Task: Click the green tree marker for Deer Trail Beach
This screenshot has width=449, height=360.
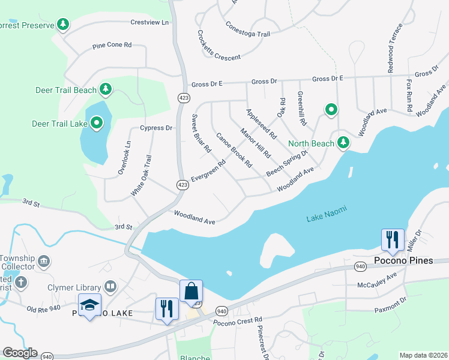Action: tap(106, 90)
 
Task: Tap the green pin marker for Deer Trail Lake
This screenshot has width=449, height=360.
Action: tap(97, 124)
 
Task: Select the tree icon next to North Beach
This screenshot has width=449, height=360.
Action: tap(343, 143)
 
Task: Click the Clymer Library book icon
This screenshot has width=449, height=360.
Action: tap(109, 286)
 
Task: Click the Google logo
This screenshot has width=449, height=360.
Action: tap(19, 353)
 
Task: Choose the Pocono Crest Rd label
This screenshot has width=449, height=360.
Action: tap(238, 320)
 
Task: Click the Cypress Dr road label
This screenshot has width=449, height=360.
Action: tap(156, 128)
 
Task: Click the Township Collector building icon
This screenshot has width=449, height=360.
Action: tap(43, 261)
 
